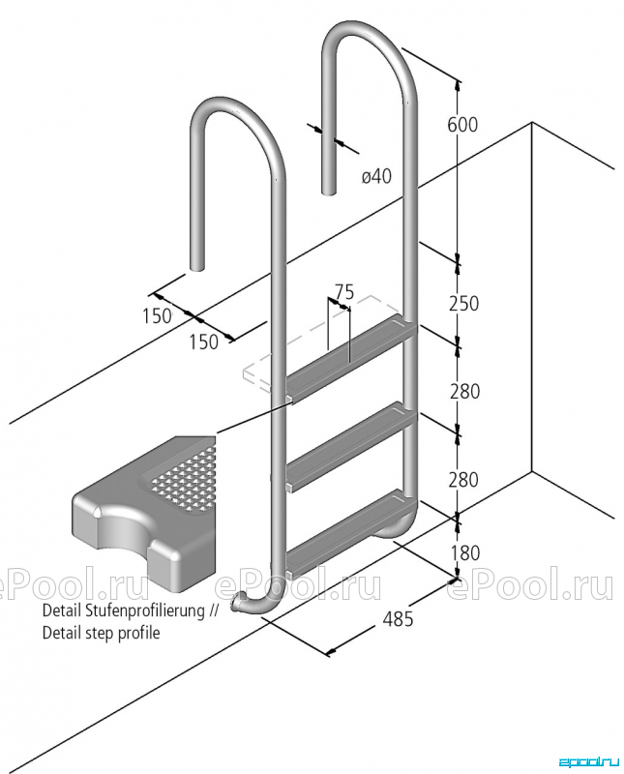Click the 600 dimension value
tap(462, 125)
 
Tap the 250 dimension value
tap(463, 304)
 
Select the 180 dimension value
tap(465, 552)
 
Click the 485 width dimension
tap(398, 618)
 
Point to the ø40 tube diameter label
tap(376, 176)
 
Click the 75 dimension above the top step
tap(344, 292)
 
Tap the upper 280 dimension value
tap(464, 392)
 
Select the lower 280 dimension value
tap(463, 479)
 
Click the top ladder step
tap(351, 359)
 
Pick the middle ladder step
tap(351, 447)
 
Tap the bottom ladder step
tap(351, 533)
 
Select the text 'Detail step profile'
tap(102, 633)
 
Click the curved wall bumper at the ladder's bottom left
tap(254, 603)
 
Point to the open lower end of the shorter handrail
tap(197, 267)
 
